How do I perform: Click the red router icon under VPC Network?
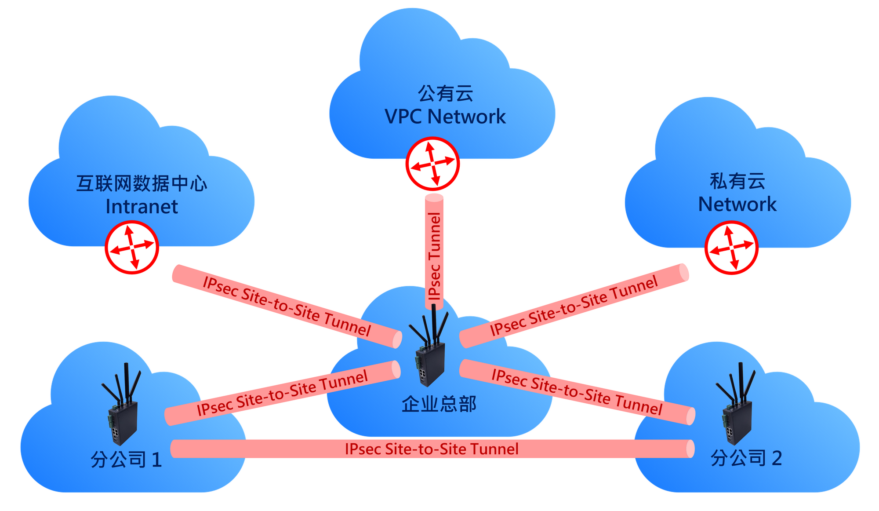click(432, 164)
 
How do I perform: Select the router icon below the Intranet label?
click(132, 247)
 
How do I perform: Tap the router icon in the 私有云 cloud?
click(731, 248)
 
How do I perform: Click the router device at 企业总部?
click(430, 352)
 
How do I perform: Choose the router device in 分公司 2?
click(737, 411)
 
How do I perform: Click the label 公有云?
click(445, 94)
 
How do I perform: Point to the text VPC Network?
click(445, 117)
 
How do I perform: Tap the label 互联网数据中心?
click(142, 183)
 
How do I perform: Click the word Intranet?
click(142, 207)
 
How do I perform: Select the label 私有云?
click(737, 181)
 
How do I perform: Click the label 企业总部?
click(439, 404)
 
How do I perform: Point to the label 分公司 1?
click(126, 460)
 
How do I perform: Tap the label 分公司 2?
click(746, 458)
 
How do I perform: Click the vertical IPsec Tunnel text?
click(434, 256)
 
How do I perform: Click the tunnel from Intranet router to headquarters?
click(287, 307)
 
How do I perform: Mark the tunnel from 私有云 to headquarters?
click(574, 306)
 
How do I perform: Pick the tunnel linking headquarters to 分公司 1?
click(282, 393)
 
